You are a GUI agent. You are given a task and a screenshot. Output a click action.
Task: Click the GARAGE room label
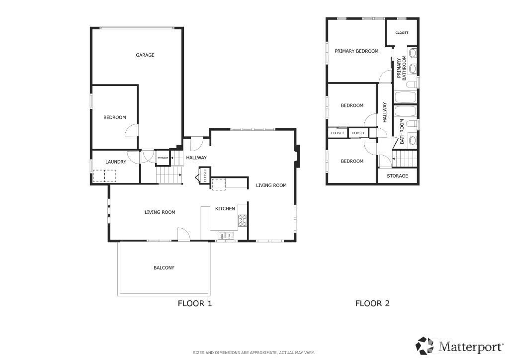pyautogui.click(x=145, y=55)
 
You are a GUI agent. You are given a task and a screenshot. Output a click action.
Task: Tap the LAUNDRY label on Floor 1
pyautogui.click(x=115, y=162)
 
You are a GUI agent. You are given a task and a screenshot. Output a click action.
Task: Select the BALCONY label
pyautogui.click(x=164, y=268)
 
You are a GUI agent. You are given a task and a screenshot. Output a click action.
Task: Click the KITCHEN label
pyautogui.click(x=225, y=209)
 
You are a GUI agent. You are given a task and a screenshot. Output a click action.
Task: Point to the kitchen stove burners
pyautogui.click(x=242, y=220)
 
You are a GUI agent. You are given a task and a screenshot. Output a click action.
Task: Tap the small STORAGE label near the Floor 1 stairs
pyautogui.click(x=163, y=158)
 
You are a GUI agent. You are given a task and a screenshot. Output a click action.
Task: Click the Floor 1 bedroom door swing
pyautogui.click(x=132, y=130)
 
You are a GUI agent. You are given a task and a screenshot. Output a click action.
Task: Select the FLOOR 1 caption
pyautogui.click(x=195, y=303)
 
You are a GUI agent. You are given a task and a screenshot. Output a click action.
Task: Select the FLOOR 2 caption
pyautogui.click(x=372, y=303)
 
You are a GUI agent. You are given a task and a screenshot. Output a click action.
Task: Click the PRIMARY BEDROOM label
pyautogui.click(x=356, y=51)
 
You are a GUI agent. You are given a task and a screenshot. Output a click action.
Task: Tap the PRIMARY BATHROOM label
pyautogui.click(x=402, y=68)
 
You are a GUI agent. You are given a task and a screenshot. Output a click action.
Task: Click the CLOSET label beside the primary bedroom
pyautogui.click(x=402, y=33)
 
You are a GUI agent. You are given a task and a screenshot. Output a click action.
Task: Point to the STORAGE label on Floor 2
pyautogui.click(x=397, y=176)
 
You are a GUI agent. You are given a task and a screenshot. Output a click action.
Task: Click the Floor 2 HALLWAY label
pyautogui.click(x=385, y=112)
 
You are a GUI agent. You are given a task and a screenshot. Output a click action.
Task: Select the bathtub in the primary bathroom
pyautogui.click(x=405, y=97)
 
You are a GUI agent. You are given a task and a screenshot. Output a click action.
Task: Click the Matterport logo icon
pyautogui.click(x=425, y=346)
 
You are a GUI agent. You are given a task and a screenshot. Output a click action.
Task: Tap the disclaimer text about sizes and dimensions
pyautogui.click(x=254, y=353)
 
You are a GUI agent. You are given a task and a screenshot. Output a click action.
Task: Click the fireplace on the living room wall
pyautogui.click(x=298, y=156)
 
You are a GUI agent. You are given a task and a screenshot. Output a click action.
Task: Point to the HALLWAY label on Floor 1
pyautogui.click(x=196, y=158)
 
